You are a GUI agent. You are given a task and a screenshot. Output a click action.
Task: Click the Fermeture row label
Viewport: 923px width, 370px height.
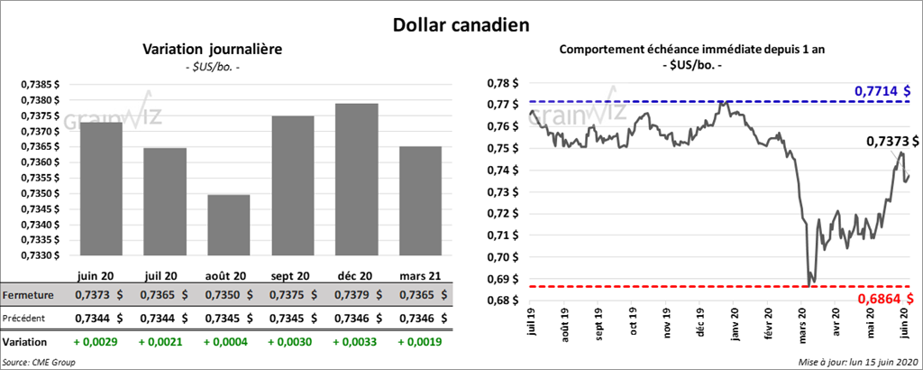click(28, 295)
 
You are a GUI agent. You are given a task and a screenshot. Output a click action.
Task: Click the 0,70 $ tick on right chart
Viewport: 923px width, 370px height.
click(498, 257)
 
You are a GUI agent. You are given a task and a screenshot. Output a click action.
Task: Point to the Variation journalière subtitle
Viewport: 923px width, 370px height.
click(213, 50)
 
